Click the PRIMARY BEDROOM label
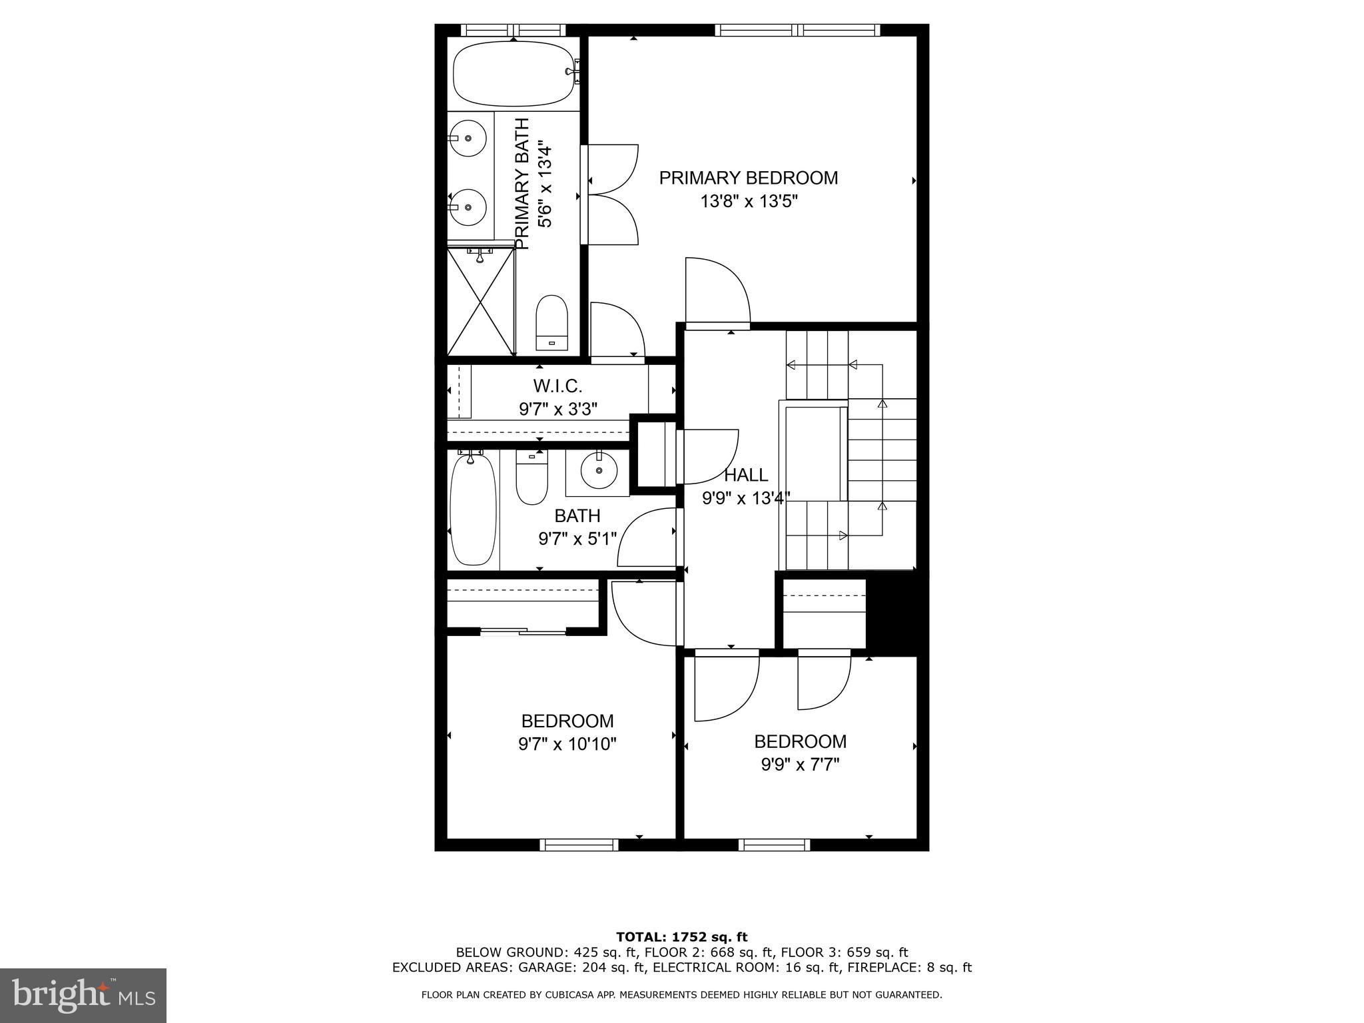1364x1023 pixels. coord(748,178)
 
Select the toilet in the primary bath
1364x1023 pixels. coord(551,322)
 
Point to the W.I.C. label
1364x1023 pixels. coord(557,386)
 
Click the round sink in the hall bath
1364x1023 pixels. coord(599,470)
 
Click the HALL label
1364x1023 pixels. coord(745,475)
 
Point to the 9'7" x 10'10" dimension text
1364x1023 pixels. coord(567,744)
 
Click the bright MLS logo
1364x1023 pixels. coord(83,995)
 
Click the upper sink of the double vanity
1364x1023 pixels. coord(468,138)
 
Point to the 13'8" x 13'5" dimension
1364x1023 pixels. coord(748,201)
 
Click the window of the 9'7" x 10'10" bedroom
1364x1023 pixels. coord(579,845)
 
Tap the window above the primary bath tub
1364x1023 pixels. coord(513,29)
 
